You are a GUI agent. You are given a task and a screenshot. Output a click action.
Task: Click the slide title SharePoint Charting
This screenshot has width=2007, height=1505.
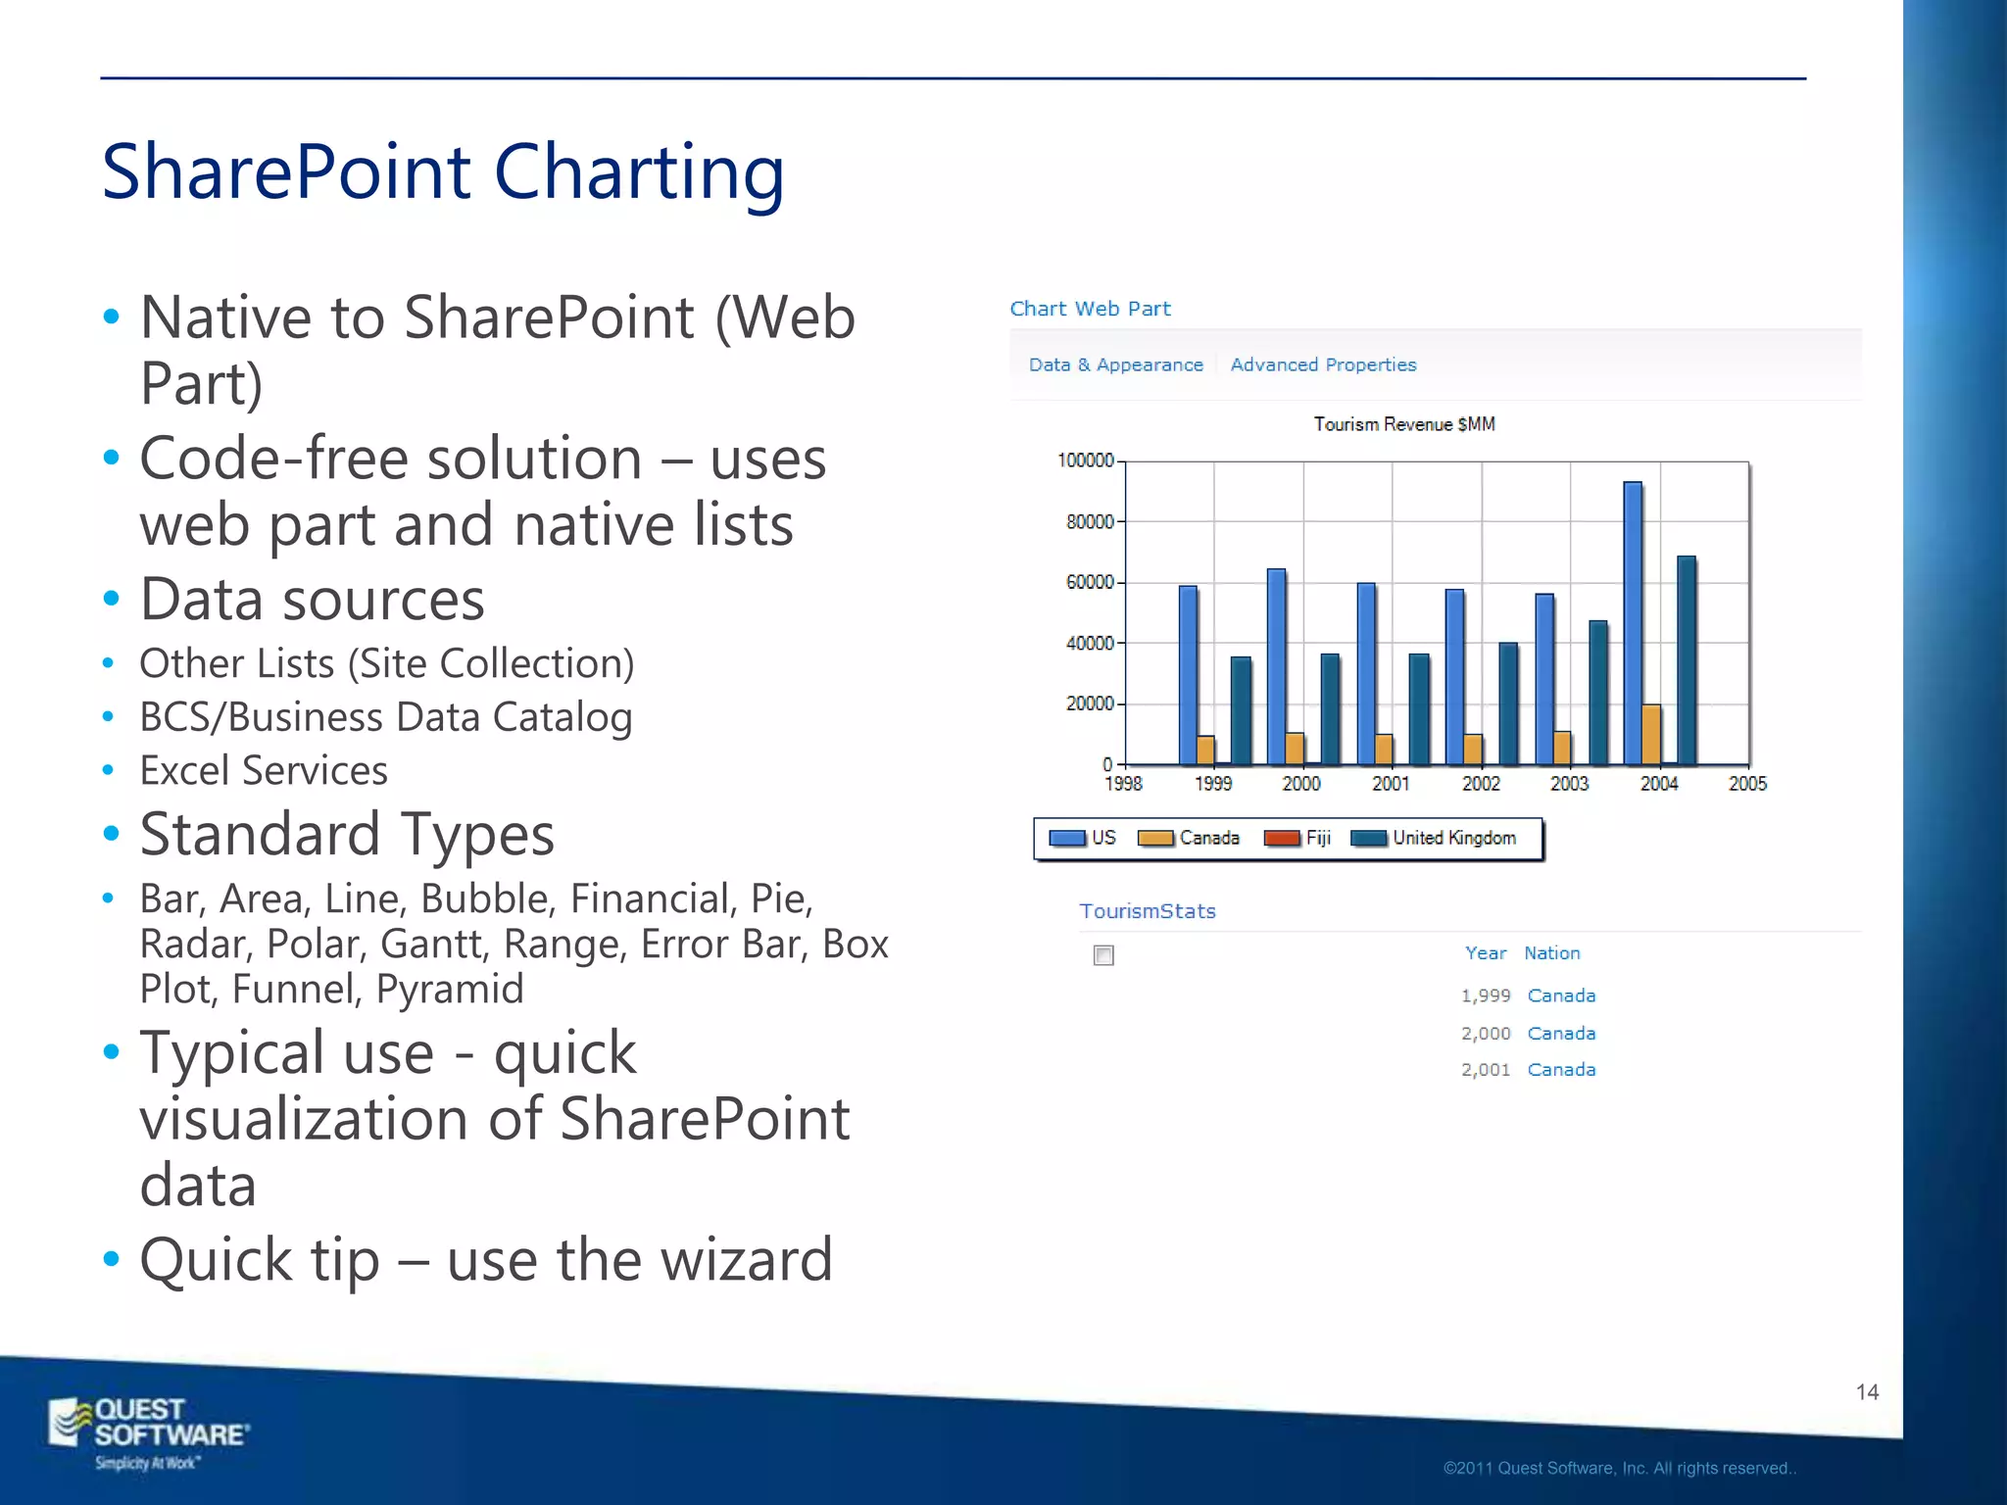point(443,172)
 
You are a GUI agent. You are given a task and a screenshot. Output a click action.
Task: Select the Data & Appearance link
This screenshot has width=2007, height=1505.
point(1115,364)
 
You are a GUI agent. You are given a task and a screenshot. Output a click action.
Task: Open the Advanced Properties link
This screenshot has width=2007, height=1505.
point(1323,364)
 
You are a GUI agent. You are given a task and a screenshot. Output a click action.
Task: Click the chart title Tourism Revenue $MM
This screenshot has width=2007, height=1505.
point(1403,424)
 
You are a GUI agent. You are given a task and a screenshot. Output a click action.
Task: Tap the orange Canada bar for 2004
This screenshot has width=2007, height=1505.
point(1651,734)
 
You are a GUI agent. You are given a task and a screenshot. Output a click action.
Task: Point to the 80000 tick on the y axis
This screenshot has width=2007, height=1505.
point(1091,522)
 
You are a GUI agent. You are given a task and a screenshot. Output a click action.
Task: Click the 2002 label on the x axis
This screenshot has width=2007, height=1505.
point(1481,784)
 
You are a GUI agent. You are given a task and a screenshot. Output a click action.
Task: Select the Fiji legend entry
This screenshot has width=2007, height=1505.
point(1297,838)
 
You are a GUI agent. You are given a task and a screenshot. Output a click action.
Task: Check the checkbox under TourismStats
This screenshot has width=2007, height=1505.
point(1103,955)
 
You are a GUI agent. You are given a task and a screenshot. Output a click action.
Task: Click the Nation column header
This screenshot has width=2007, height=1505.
point(1551,953)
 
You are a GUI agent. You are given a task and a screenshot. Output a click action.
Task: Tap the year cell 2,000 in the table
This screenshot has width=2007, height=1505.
point(1486,1034)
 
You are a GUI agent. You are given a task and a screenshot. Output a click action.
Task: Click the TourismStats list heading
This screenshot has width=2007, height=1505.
point(1148,911)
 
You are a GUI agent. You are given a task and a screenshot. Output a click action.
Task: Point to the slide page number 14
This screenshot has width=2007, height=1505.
point(1867,1392)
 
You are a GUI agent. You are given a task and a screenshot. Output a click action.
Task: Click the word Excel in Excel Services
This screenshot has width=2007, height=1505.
point(184,771)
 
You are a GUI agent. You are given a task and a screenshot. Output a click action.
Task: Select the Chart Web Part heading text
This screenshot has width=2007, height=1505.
point(1090,309)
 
